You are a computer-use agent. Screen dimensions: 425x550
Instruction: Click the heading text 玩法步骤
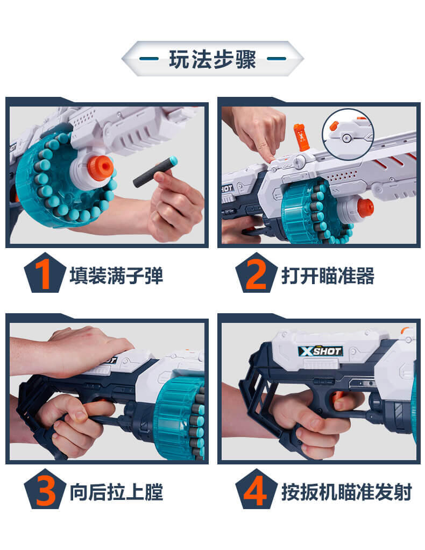(x=212, y=59)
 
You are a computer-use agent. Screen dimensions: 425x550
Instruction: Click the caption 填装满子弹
(x=116, y=276)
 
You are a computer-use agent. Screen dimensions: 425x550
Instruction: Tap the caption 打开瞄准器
(x=328, y=276)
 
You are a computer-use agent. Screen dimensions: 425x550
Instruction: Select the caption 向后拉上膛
(x=116, y=492)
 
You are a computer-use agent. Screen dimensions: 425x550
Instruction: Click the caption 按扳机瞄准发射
(x=346, y=492)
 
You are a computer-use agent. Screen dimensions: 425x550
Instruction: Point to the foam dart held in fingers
(x=155, y=172)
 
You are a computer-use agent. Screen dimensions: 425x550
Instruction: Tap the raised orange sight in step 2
(x=301, y=137)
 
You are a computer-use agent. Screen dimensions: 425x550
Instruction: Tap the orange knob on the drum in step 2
(x=365, y=207)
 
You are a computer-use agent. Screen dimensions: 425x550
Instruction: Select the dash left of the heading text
(x=148, y=59)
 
